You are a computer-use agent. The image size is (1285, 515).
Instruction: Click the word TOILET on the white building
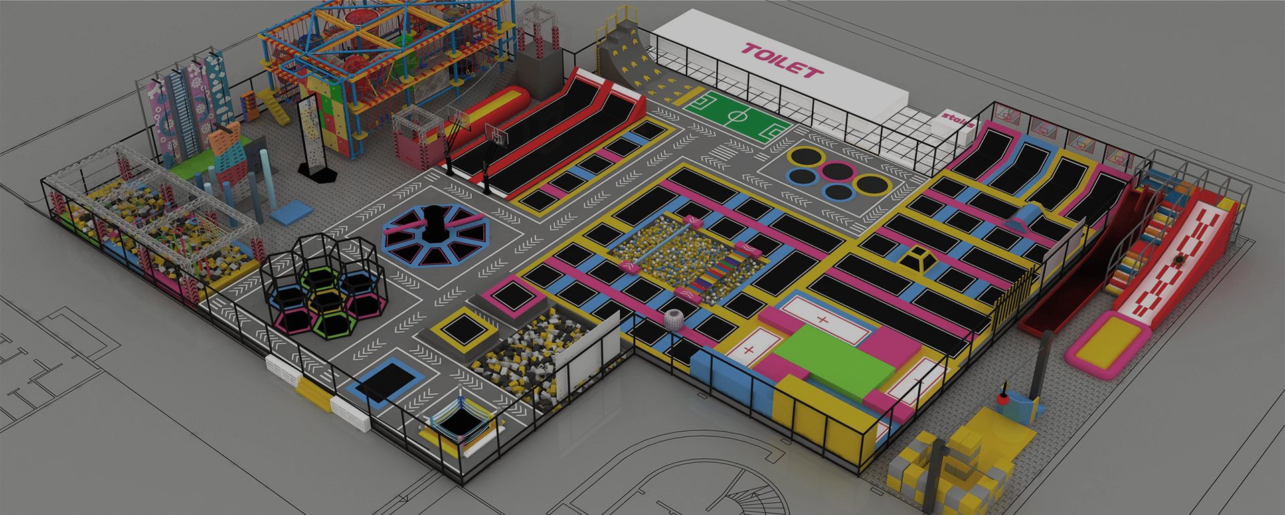(x=782, y=61)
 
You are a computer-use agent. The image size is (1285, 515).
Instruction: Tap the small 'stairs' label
(x=957, y=119)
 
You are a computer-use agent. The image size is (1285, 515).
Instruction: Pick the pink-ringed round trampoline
(x=836, y=171)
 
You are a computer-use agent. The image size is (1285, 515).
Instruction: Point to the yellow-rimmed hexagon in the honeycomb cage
(x=327, y=301)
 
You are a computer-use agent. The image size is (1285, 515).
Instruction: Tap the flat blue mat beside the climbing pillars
(x=291, y=212)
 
